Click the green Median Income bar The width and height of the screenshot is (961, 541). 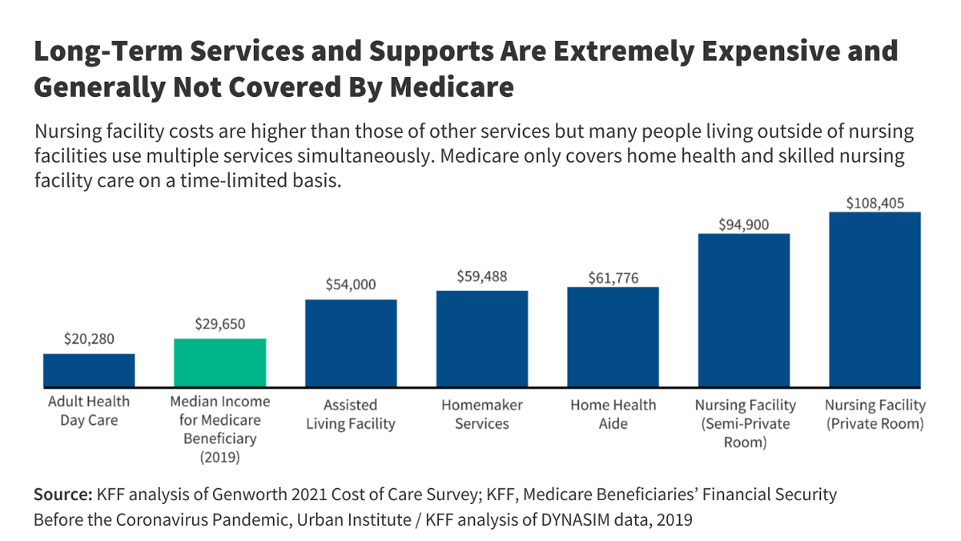pyautogui.click(x=220, y=362)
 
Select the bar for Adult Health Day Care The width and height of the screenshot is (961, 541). pyautogui.click(x=89, y=369)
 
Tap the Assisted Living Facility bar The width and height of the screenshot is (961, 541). pyautogui.click(x=351, y=342)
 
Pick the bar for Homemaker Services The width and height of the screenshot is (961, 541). pyautogui.click(x=482, y=338)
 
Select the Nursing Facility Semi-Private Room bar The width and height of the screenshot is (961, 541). pyautogui.click(x=744, y=309)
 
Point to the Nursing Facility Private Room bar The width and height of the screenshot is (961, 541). pyautogui.click(x=875, y=299)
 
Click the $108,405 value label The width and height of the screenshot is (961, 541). pyautogui.click(x=875, y=203)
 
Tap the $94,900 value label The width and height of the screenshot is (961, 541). pyautogui.click(x=744, y=224)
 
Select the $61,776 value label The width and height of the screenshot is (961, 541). pyautogui.click(x=613, y=278)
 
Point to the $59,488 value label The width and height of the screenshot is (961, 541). pyautogui.click(x=482, y=276)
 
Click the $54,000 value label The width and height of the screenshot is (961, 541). pyautogui.click(x=351, y=285)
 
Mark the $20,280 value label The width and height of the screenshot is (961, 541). pyautogui.click(x=89, y=339)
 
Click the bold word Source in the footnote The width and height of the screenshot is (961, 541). pyautogui.click(x=62, y=495)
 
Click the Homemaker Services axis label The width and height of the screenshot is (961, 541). pyautogui.click(x=482, y=414)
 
